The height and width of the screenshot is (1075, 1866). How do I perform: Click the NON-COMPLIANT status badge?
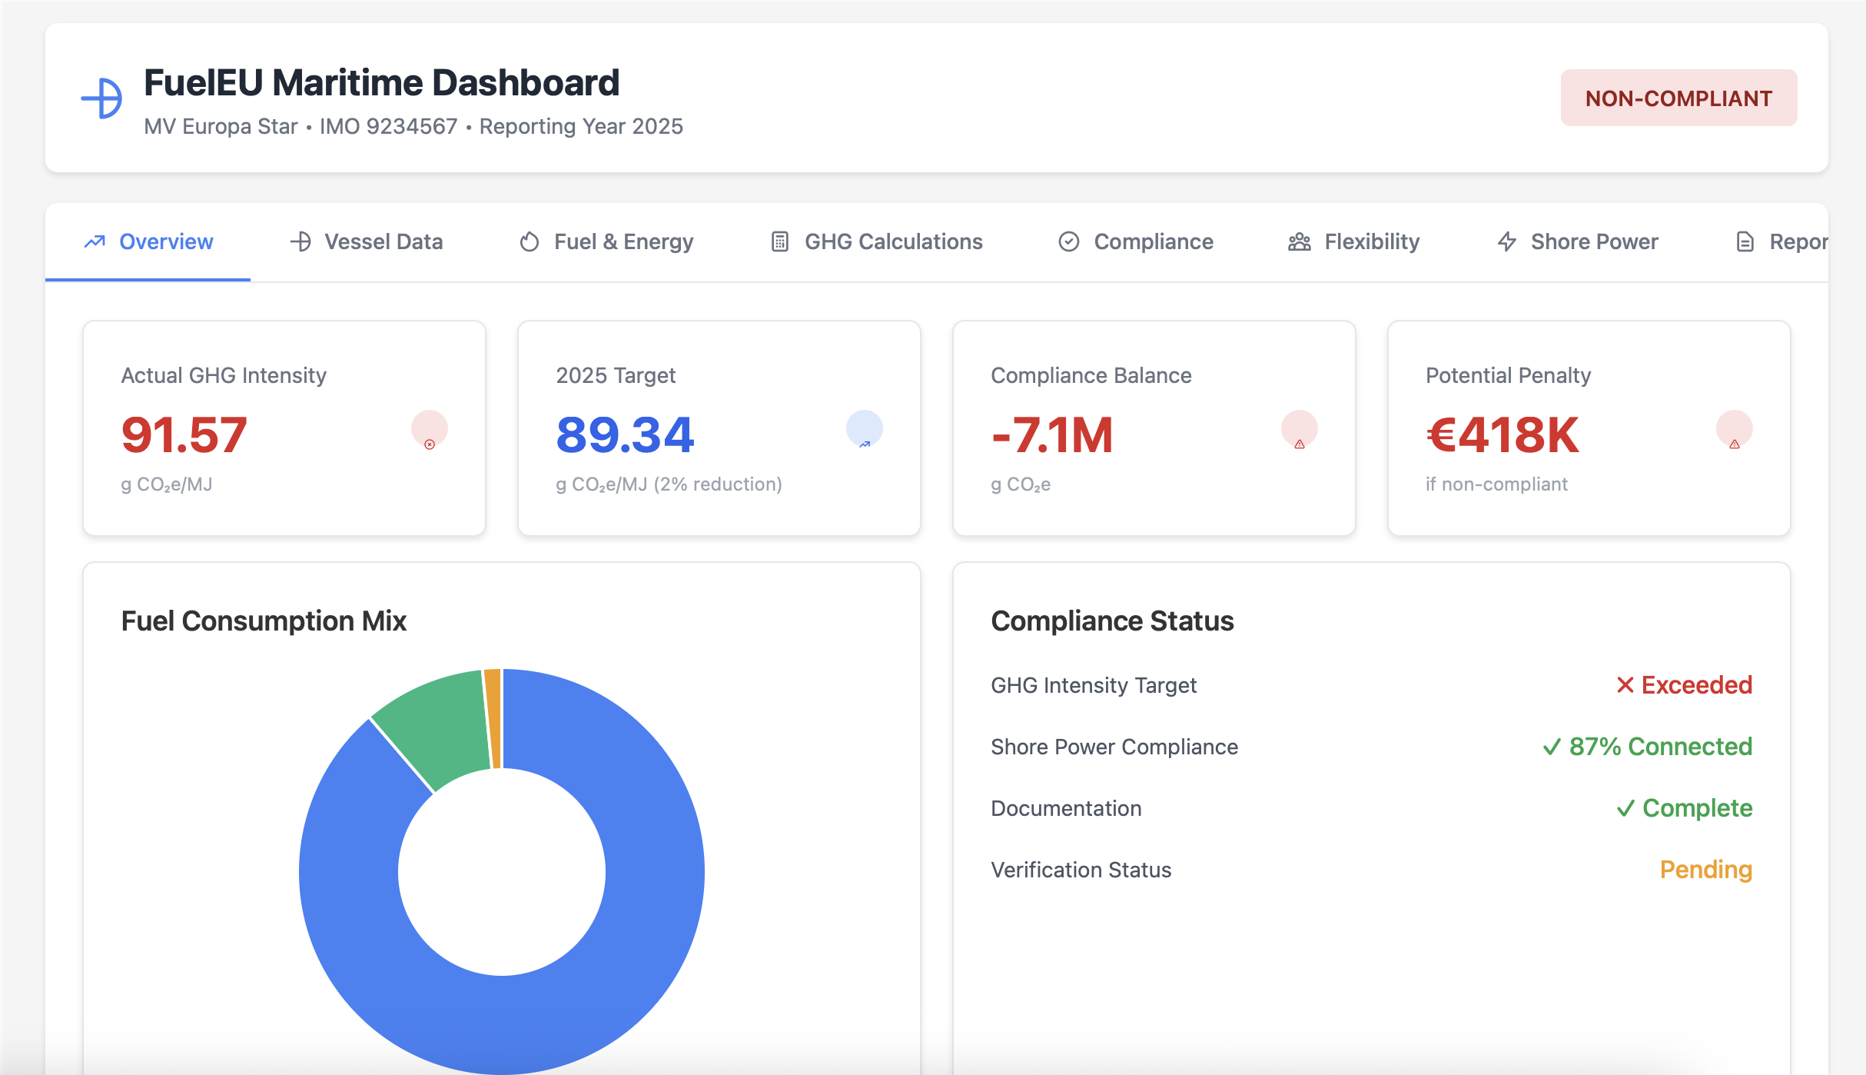coord(1678,98)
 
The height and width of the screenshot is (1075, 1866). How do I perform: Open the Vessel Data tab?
coord(367,241)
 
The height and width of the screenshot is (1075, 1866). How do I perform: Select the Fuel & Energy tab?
coord(606,241)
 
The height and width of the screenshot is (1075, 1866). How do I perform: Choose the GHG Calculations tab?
coord(877,241)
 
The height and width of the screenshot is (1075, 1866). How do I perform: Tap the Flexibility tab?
coord(1354,241)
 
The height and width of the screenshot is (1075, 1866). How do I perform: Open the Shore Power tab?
coord(1578,241)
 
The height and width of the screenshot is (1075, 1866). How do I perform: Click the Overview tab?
coord(148,241)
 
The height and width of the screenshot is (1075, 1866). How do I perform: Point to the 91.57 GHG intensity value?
coord(184,434)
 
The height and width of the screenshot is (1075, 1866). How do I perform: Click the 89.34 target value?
coord(625,434)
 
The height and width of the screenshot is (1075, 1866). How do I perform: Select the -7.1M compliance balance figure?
coord(1052,434)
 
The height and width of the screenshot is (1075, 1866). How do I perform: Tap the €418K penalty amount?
coord(1502,434)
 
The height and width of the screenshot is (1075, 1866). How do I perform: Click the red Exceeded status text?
coord(1684,684)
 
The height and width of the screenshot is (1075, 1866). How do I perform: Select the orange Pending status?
coord(1705,869)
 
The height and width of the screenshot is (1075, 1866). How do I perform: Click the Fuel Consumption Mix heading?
coord(264,621)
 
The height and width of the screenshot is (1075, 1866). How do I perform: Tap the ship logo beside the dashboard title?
coord(102,98)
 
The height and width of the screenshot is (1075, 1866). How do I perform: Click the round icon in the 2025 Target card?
coord(864,428)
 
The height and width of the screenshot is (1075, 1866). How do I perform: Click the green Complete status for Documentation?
coord(1684,807)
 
